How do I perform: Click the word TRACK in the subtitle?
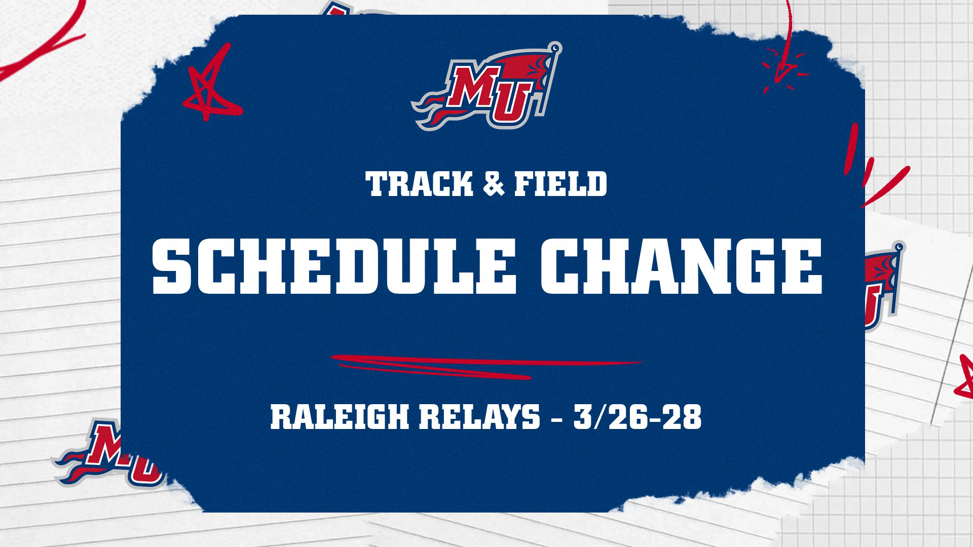click(419, 184)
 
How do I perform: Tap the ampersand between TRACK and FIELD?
click(494, 184)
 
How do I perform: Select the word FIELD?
click(560, 184)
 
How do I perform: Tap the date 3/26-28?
click(638, 418)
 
